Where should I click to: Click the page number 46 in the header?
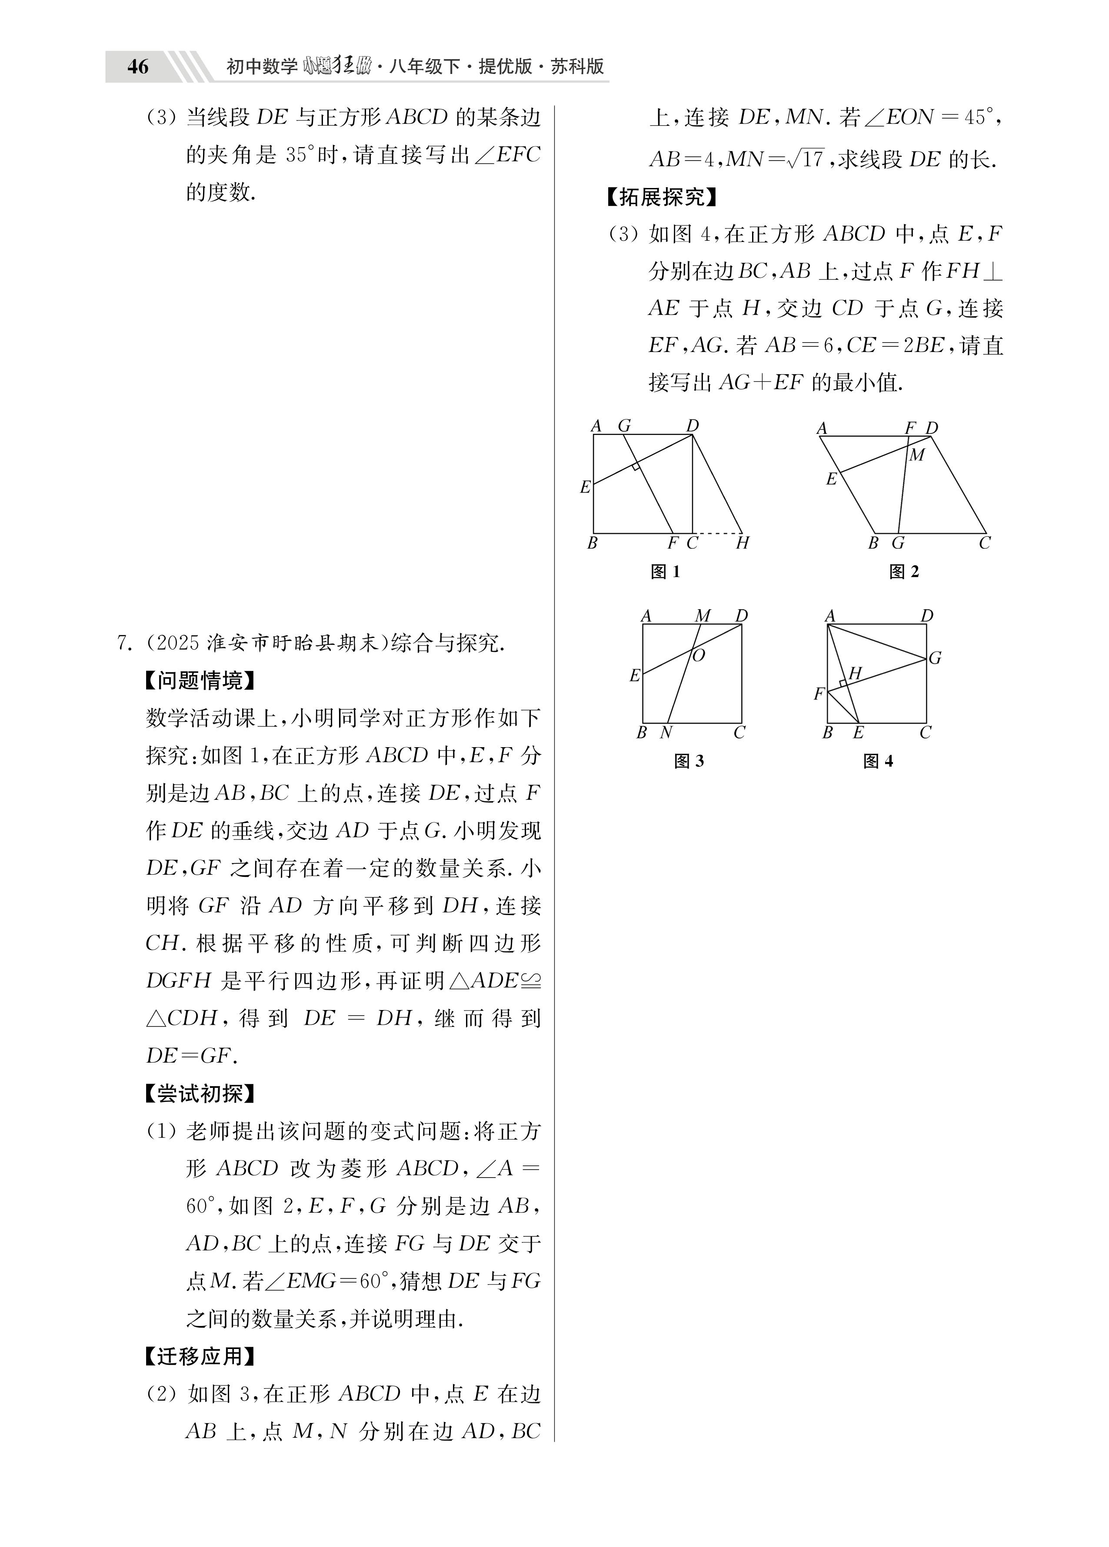click(x=138, y=67)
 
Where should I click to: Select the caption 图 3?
click(x=689, y=761)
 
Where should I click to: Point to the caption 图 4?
click(x=878, y=761)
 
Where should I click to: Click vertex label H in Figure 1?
click(x=742, y=543)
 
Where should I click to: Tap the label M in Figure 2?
click(x=917, y=455)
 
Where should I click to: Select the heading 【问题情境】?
click(x=200, y=680)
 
